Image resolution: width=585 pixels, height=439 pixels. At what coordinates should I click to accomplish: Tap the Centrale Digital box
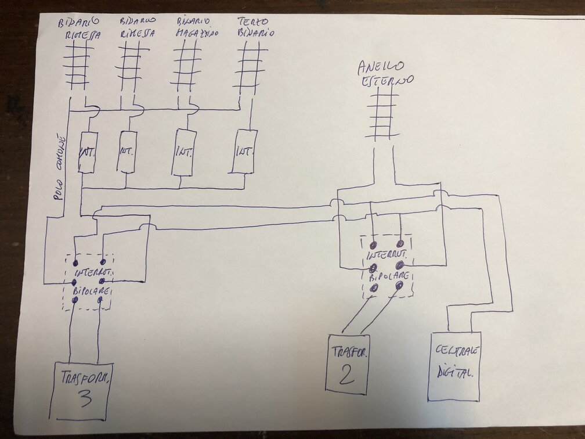tap(454, 366)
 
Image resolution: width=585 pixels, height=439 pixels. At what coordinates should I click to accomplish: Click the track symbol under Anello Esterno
tap(383, 116)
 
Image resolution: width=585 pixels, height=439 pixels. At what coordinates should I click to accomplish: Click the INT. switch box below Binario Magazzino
tap(183, 152)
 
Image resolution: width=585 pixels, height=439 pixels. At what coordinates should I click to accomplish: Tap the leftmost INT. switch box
tap(88, 152)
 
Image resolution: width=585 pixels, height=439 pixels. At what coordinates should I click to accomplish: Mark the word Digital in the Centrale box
tap(455, 373)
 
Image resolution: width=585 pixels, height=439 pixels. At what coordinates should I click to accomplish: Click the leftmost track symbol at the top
tap(77, 66)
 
